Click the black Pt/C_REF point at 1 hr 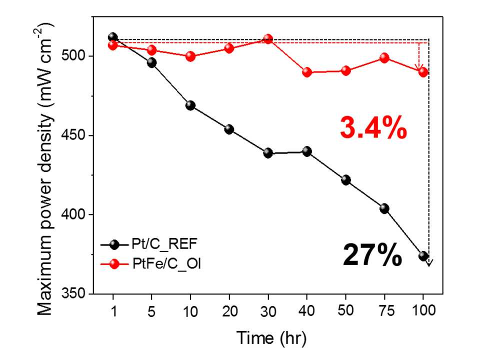[x=113, y=37]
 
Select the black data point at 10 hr [x=190, y=106]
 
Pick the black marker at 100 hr [x=423, y=256]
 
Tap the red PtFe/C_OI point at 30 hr [x=268, y=39]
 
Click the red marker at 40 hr [x=307, y=72]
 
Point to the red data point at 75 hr [x=384, y=58]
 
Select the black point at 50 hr [x=346, y=180]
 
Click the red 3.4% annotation [x=373, y=128]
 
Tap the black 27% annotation [x=372, y=254]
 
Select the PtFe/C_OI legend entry [x=150, y=263]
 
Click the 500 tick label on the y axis [x=73, y=56]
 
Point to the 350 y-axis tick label [x=73, y=293]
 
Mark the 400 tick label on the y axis [x=73, y=214]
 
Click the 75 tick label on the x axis [x=386, y=311]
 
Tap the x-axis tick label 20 [x=229, y=311]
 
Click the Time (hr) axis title [x=271, y=338]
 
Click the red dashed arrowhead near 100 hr [x=419, y=67]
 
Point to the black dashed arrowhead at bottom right [x=429, y=262]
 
